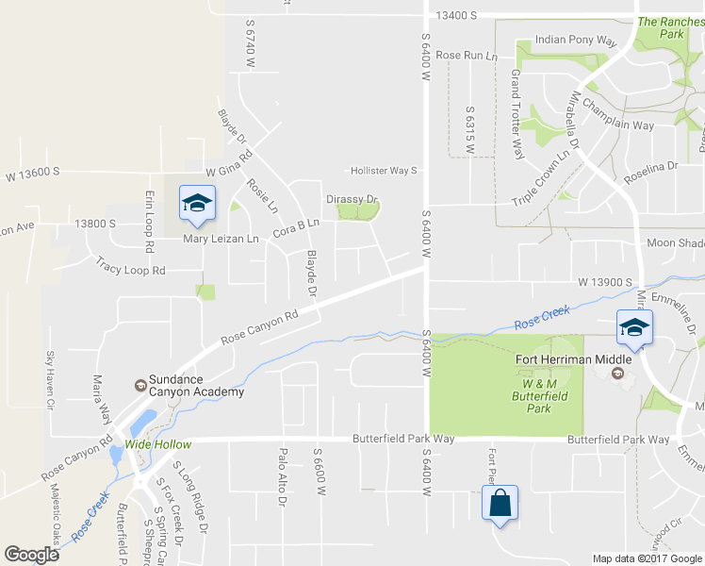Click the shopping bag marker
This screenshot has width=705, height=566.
point(499,502)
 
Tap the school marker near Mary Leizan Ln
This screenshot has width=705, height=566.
point(197,203)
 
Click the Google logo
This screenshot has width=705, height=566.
point(31,554)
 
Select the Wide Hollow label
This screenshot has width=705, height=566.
point(158,444)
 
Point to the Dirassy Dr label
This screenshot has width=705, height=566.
point(352,199)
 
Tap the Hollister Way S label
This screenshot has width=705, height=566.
point(384,171)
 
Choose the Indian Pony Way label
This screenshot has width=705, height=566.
point(575,42)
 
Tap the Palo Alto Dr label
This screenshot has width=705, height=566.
point(282,476)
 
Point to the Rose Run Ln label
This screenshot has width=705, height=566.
point(467,56)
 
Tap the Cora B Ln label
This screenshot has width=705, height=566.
point(297,227)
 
